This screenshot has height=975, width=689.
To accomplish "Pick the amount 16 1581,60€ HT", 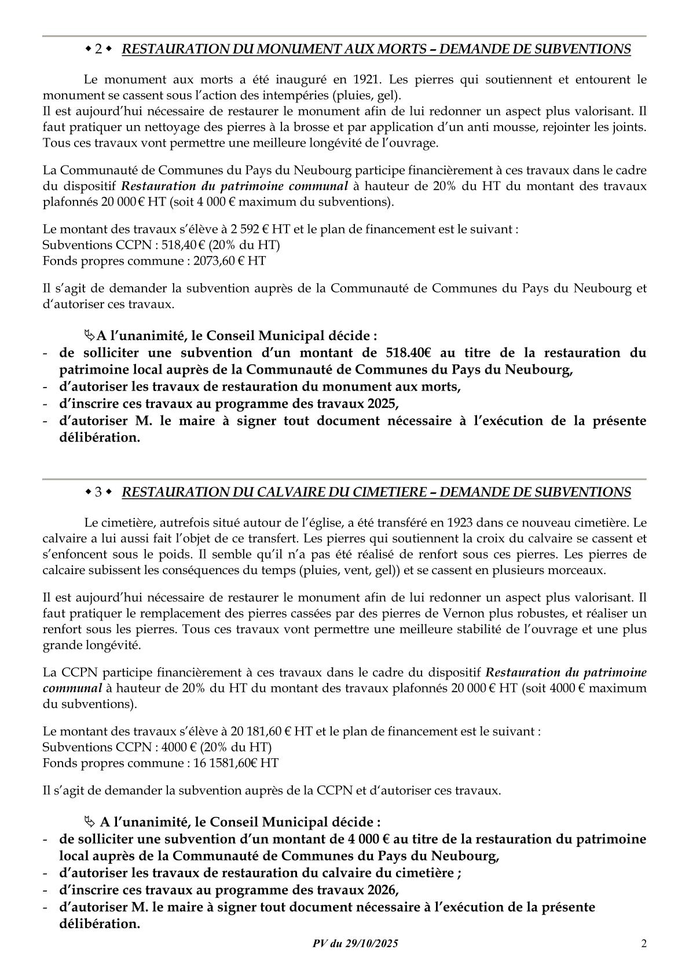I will coord(234,763).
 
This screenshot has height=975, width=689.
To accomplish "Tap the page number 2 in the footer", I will coord(644,944).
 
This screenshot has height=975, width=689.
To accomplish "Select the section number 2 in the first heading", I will coord(98,50).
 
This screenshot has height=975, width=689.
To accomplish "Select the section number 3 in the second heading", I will coord(98,492).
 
